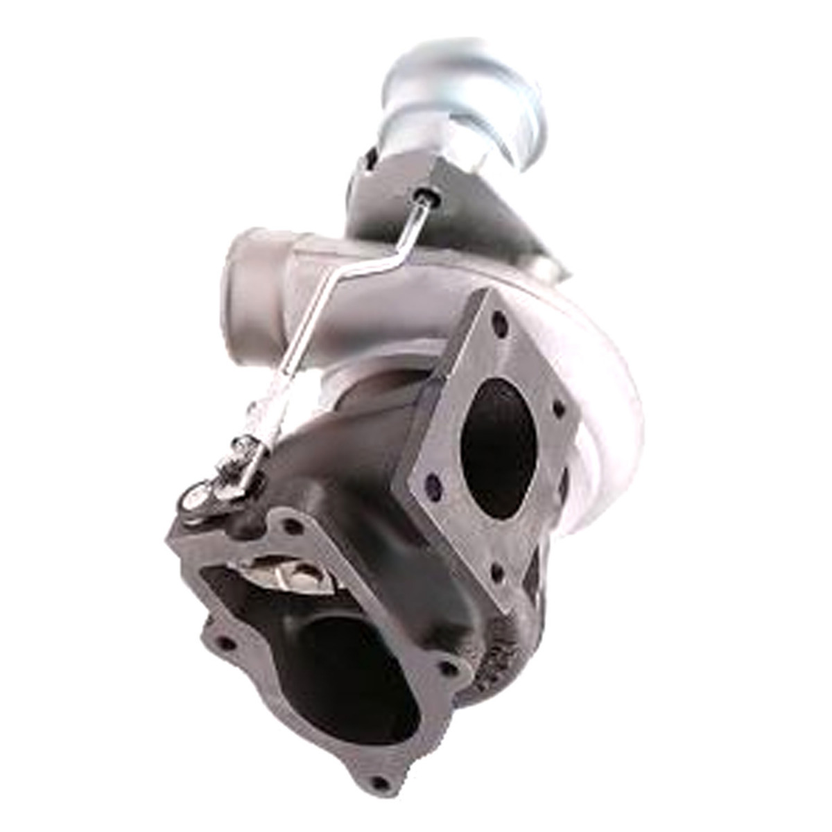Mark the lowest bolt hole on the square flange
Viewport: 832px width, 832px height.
(496, 573)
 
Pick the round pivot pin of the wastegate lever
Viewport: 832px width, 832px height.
(196, 496)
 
